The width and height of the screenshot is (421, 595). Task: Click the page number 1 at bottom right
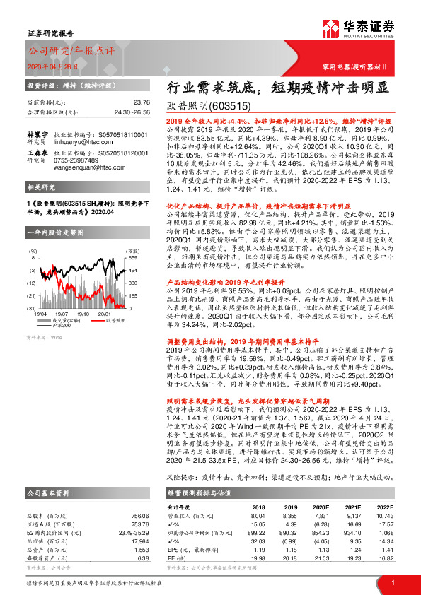pyautogui.click(x=392, y=582)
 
